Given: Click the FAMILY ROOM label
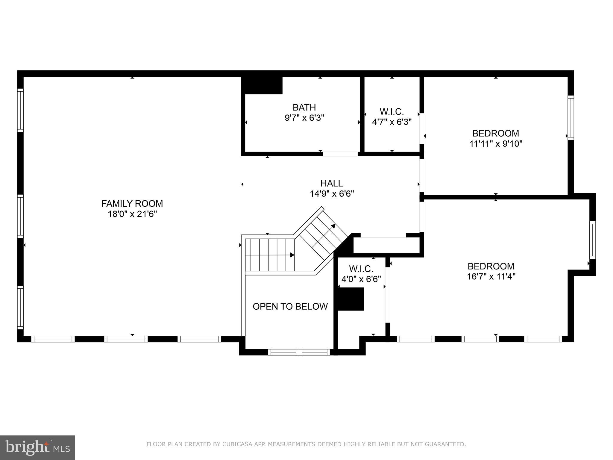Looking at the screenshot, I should [132, 204].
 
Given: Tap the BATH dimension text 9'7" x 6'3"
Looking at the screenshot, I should [304, 118].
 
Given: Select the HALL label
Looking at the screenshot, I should [332, 183].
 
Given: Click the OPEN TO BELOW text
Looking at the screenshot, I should [290, 306].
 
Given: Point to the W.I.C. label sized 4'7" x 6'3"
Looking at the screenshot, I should [392, 112].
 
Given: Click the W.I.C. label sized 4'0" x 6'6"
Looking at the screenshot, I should [361, 269].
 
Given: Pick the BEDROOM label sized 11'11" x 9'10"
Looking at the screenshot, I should [496, 133].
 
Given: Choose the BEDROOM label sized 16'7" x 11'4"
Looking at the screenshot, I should [491, 266].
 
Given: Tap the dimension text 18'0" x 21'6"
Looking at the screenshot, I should [132, 214].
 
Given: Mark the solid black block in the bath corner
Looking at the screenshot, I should [262, 85].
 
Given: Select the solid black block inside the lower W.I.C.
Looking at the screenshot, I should [350, 299].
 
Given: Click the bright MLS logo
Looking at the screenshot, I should [37, 447].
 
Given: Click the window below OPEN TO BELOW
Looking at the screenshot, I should [299, 352].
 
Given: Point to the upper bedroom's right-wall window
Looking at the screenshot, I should [571, 117].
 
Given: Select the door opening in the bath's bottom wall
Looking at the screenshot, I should [340, 154].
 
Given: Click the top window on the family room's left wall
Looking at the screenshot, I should [20, 110].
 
